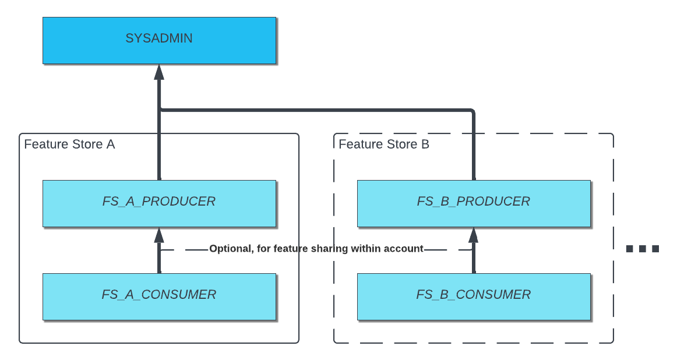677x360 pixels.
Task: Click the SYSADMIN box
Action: click(159, 40)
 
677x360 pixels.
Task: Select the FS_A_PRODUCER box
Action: click(159, 203)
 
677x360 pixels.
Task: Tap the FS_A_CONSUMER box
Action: click(159, 296)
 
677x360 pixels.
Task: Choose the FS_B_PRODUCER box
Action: click(473, 203)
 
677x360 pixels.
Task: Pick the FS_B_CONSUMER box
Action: click(473, 296)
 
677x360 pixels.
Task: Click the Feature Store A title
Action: click(69, 144)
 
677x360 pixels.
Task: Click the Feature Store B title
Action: click(384, 144)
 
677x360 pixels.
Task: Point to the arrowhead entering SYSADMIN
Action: click(159, 72)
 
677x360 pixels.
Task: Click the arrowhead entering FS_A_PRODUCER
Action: click(159, 235)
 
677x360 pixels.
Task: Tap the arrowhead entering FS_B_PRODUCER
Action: click(473, 235)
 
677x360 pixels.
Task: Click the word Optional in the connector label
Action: click(230, 249)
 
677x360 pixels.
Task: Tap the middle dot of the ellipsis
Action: click(642, 249)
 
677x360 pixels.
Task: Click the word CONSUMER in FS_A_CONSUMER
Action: click(179, 295)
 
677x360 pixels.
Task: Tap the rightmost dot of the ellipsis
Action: click(655, 249)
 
